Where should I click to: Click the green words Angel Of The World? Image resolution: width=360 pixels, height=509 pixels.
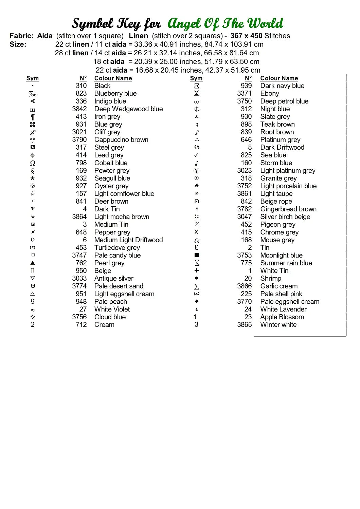225,24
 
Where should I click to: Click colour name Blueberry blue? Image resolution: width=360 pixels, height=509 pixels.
115,93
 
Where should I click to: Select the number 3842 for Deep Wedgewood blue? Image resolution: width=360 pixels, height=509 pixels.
79,109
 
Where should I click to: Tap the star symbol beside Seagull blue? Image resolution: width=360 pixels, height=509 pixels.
33,178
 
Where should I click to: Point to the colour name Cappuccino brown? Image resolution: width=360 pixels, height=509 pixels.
121,140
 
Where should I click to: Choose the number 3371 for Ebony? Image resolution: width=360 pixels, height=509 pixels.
245,93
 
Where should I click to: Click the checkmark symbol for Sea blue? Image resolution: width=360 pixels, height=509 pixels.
197,155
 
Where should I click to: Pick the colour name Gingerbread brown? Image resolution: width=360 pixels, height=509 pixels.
288,209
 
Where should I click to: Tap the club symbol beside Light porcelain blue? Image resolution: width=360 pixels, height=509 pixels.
197,186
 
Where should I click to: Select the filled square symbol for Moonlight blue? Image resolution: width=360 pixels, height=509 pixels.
197,255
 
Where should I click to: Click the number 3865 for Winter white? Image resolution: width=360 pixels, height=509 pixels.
245,325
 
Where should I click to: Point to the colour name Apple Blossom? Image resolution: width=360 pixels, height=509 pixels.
282,317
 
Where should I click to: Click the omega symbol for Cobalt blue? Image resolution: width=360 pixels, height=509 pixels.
33,163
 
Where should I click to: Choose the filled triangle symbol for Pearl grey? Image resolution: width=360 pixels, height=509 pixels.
33,263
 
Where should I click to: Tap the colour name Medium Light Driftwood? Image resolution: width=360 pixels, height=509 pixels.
128,240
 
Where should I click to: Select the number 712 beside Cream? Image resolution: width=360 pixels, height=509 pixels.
81,325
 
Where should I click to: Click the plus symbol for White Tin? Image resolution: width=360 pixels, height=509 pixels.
197,270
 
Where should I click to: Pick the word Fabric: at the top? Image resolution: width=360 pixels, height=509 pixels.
22,36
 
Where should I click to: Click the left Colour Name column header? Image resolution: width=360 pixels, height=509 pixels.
113,78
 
